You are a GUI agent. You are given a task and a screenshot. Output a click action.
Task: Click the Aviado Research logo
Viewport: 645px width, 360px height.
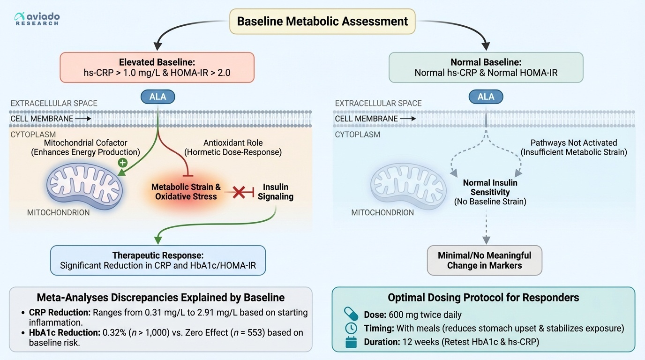pos(37,19)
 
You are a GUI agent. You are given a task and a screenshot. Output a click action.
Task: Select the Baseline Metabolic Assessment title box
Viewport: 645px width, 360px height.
pos(322,22)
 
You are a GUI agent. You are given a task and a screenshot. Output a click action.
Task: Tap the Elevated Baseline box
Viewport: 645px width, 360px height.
pos(157,67)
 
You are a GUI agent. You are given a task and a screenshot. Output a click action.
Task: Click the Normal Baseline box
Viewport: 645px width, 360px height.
pos(486,67)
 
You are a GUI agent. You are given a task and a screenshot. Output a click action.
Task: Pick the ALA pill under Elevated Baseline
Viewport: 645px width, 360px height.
pos(157,97)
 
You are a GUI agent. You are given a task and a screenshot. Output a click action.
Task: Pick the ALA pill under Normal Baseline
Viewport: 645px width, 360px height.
pos(486,97)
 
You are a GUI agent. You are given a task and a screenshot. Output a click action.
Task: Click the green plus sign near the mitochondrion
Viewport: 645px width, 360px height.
pos(123,163)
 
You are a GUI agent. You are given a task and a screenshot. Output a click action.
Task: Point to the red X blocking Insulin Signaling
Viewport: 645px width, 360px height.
pos(239,191)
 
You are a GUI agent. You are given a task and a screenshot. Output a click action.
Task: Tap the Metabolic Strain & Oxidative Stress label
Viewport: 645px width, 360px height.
pos(186,192)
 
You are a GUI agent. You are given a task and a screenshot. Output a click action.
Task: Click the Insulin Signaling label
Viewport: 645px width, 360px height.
pos(276,192)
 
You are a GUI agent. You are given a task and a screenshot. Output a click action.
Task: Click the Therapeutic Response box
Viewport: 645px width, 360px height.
pos(157,260)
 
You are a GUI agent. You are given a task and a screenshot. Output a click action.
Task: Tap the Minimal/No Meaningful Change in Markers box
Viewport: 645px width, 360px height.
pos(485,260)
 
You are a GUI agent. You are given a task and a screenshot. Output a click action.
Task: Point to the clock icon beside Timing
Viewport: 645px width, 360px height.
pos(351,328)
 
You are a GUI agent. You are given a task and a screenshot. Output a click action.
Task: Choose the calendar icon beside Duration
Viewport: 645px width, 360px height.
pos(351,342)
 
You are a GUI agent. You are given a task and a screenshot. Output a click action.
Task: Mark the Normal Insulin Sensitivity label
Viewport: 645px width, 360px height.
pos(490,187)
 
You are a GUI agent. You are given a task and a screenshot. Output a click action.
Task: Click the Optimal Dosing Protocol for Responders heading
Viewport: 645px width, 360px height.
pos(483,298)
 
